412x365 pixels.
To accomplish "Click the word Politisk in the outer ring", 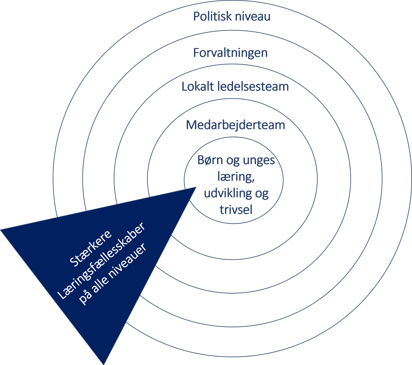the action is tap(212, 16).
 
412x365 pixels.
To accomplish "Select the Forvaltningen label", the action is tap(230, 53).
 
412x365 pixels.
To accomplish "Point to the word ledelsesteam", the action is tap(253, 86).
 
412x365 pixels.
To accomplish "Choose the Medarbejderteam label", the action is tap(236, 125).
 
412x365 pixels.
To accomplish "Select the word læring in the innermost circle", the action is tap(236, 177).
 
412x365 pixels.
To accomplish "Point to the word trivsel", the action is tap(236, 209).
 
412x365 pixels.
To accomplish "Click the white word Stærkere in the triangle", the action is tap(91, 248).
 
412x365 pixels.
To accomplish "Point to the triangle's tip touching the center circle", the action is tap(196, 187).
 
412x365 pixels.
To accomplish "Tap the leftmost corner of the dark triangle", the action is tap(1, 230).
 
